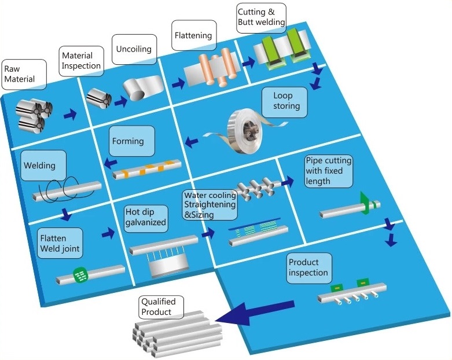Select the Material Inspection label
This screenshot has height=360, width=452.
(x=80, y=60)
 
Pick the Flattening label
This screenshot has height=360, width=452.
(x=193, y=35)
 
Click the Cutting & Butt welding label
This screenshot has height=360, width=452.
(x=261, y=18)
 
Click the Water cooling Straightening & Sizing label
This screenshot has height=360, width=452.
(x=210, y=205)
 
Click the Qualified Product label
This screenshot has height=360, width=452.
(x=161, y=307)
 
